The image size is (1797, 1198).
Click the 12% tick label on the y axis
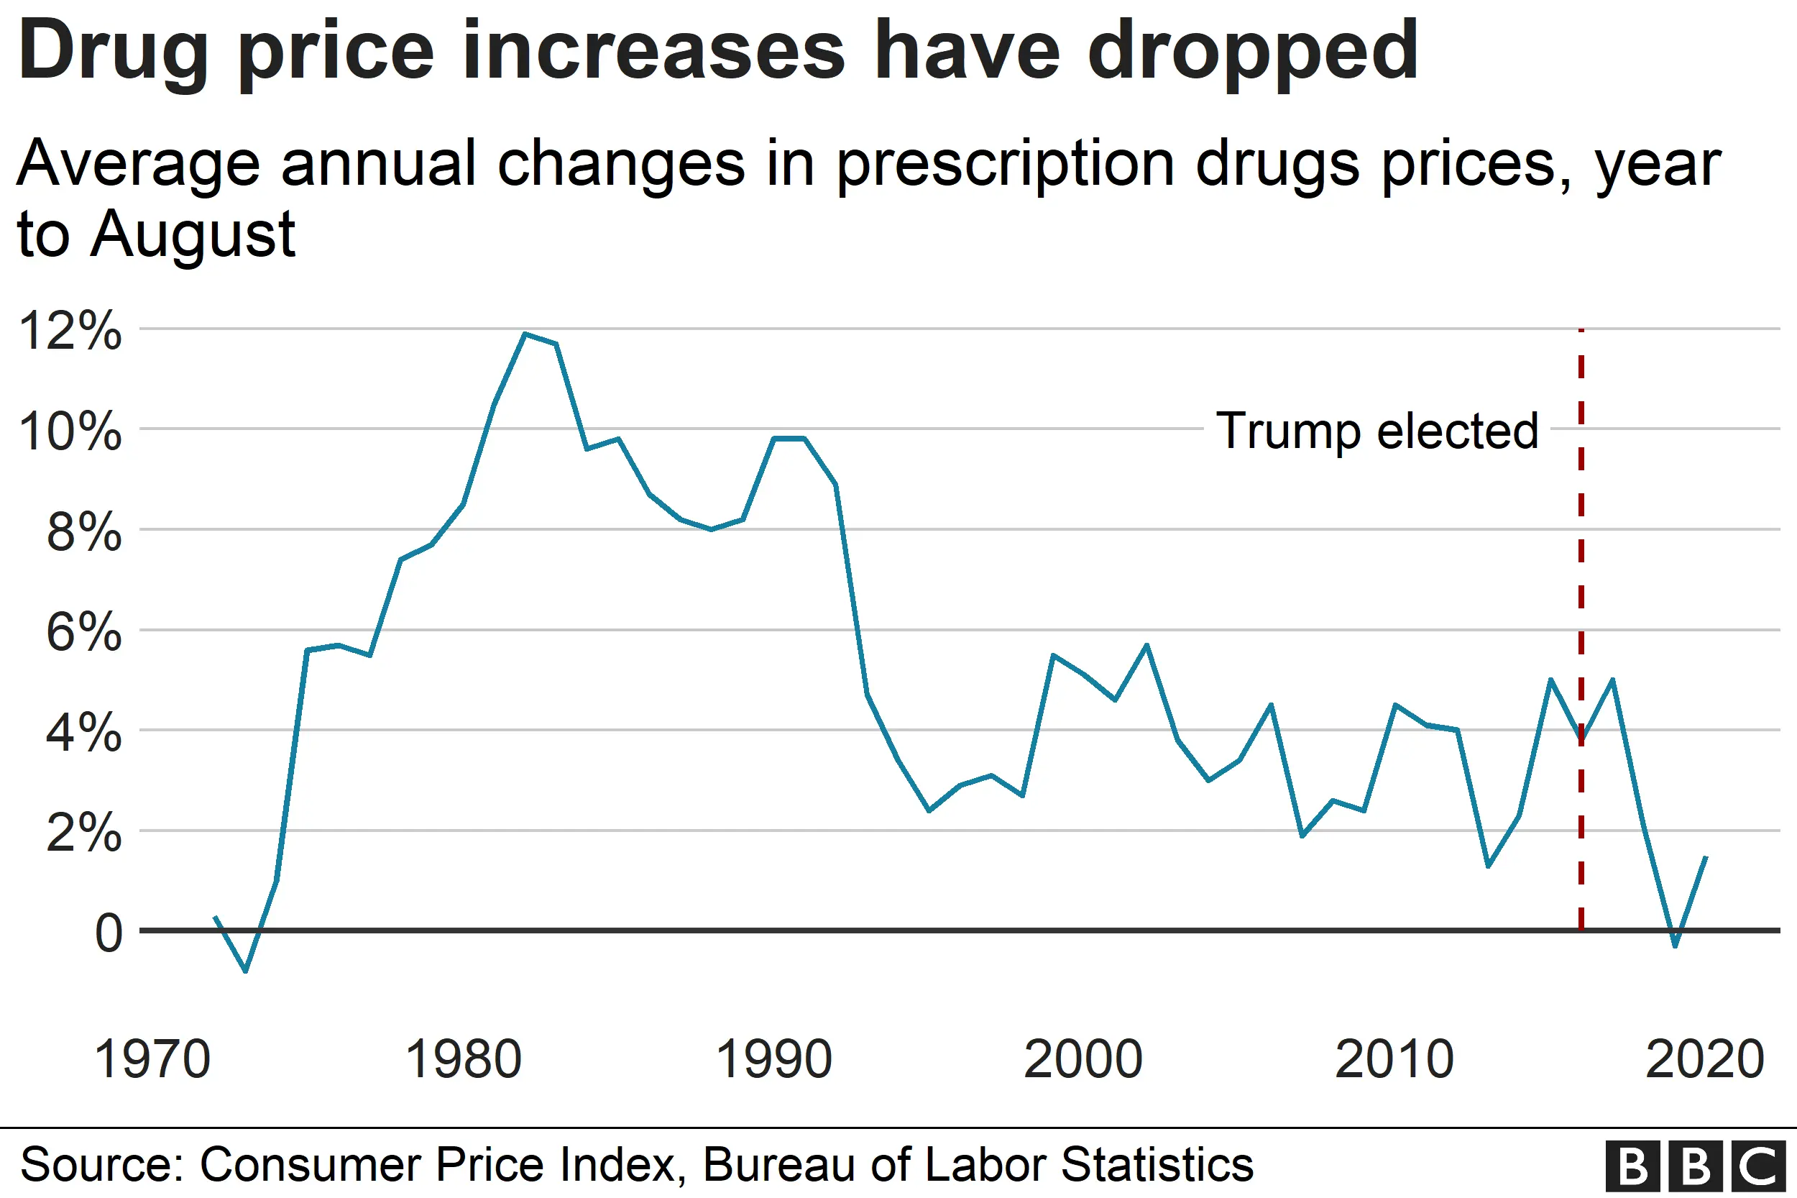70,331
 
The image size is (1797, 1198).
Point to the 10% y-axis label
70,431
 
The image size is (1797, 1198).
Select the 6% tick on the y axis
84,632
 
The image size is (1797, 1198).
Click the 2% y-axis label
84,832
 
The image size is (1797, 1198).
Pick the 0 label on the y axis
108,933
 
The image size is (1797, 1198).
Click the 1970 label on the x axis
152,1059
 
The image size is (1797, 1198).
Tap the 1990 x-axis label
773,1059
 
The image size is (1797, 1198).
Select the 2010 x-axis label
1394,1059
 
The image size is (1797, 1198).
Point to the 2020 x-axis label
1704,1059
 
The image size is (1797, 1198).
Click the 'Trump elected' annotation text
1377,431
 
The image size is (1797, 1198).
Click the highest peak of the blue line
525,334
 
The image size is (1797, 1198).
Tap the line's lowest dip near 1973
245,971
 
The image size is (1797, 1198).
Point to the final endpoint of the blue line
1706,857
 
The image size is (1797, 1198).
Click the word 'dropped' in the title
1252,52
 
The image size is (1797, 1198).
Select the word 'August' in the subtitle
193,235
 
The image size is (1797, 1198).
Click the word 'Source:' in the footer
101,1163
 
